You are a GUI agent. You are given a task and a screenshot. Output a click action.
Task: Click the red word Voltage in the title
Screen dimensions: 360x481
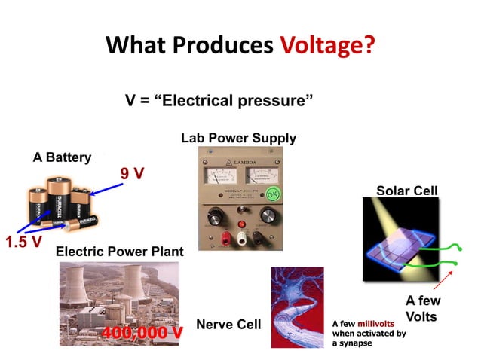coord(327,46)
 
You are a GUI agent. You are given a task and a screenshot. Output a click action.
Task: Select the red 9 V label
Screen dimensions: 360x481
coord(133,173)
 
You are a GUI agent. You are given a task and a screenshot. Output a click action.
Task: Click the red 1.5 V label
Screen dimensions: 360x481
coord(23,243)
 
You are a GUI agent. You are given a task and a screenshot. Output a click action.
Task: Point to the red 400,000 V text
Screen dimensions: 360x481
coord(142,331)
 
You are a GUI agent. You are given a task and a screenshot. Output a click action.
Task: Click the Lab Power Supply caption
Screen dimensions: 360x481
coord(238,138)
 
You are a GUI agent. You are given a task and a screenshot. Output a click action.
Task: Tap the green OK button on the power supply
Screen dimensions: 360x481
coord(273,193)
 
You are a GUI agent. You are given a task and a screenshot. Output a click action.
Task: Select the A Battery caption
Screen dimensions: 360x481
coord(62,158)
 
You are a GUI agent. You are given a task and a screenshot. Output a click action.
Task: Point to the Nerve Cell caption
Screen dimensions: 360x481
coord(228,325)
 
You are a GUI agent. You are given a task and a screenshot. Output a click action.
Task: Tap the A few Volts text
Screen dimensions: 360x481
coord(423,309)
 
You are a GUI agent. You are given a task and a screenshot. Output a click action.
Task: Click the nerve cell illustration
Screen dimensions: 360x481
coord(297,307)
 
